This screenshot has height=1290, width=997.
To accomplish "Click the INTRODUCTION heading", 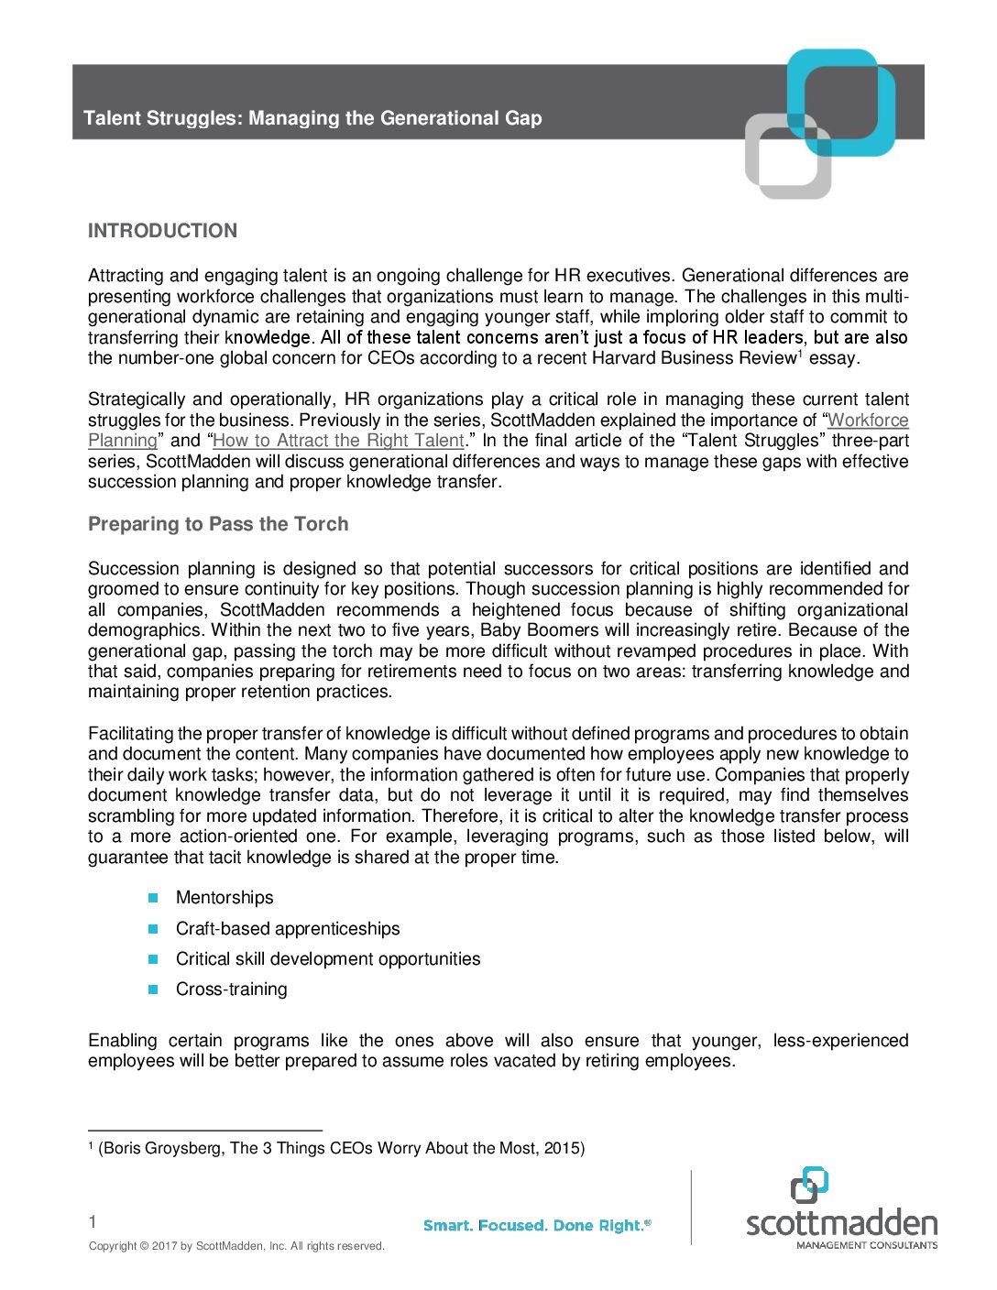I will pos(162,231).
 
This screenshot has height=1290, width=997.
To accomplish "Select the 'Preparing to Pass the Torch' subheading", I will pos(218,524).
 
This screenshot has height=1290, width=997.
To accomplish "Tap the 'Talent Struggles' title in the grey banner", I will pos(312,118).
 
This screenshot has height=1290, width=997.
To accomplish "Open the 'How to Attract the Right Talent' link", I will pos(338,441).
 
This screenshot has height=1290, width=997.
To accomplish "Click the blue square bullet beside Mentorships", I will pos(154,898).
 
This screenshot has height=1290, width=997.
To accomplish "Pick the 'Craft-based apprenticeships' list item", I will pos(288,929).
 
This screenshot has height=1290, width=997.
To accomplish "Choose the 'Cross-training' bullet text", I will pos(231,989).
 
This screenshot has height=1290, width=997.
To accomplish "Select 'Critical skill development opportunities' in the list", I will pos(328,959).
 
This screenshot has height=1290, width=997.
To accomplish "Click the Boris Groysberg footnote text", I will pos(341,1148).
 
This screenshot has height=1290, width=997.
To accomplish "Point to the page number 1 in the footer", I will pos(93,1221).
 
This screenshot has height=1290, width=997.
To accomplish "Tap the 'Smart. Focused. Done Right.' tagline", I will pos(536,1226).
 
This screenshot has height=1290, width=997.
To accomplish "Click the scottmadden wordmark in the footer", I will pos(841,1223).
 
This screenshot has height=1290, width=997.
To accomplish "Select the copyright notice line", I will pos(236,1246).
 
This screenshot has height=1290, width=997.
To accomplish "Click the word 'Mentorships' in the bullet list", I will pos(225,898).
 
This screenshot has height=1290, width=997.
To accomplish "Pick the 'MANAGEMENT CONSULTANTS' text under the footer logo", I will pos(866,1245).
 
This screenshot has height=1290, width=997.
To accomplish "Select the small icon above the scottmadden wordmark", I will pos(809,1184).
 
